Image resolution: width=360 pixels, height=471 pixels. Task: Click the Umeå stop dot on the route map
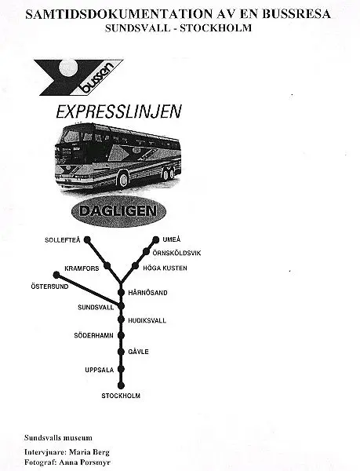pyautogui.click(x=156, y=239)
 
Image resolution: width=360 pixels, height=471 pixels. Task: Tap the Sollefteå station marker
pyautogui.click(x=87, y=239)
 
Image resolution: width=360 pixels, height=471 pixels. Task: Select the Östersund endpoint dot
pyautogui.click(x=56, y=275)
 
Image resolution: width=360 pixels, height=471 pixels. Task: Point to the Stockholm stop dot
pyautogui.click(x=121, y=385)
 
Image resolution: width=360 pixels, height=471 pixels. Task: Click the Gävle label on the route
pyautogui.click(x=138, y=352)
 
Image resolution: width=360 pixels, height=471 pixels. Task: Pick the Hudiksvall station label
pyautogui.click(x=147, y=320)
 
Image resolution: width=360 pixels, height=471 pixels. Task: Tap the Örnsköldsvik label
pyautogui.click(x=176, y=253)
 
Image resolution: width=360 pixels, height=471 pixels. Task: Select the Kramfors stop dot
pyautogui.click(x=107, y=266)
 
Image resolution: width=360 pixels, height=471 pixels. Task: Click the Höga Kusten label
pyautogui.click(x=165, y=268)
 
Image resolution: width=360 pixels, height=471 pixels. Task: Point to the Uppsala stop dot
pyautogui.click(x=121, y=369)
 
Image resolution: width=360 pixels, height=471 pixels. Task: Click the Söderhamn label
pyautogui.click(x=93, y=335)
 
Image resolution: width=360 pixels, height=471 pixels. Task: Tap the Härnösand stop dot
pyautogui.click(x=121, y=292)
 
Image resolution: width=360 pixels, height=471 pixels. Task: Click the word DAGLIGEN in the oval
pyautogui.click(x=118, y=211)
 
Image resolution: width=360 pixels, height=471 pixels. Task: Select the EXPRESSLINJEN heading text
pyautogui.click(x=118, y=111)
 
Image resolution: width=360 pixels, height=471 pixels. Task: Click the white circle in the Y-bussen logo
pyautogui.click(x=69, y=67)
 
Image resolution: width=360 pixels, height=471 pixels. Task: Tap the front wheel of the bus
pyautogui.click(x=123, y=179)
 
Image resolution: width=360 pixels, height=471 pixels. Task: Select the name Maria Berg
pyautogui.click(x=89, y=452)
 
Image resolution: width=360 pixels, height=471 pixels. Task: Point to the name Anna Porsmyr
pyautogui.click(x=85, y=462)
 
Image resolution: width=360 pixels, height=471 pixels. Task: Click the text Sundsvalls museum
pyautogui.click(x=58, y=438)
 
